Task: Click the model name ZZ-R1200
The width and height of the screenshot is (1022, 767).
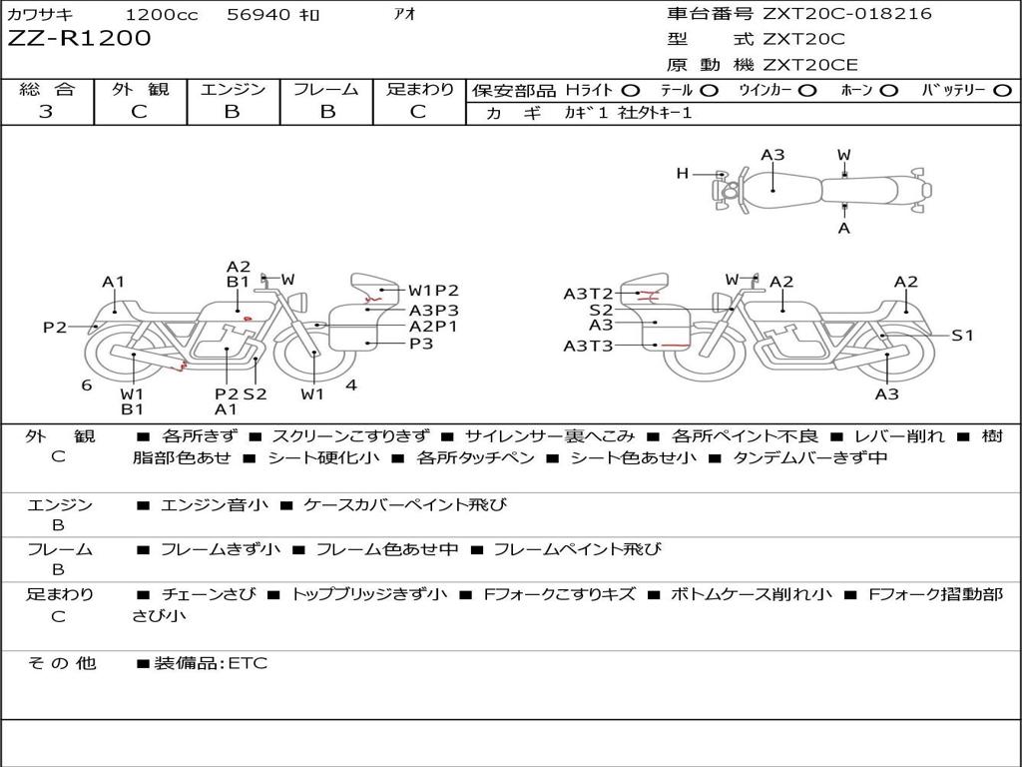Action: (79, 39)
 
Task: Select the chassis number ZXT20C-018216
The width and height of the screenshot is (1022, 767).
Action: (846, 13)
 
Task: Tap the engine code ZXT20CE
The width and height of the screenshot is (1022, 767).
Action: (810, 65)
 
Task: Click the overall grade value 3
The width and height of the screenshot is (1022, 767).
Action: (46, 112)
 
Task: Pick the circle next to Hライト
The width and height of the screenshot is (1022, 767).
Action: (631, 91)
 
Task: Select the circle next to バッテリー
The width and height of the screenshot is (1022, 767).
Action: (1002, 91)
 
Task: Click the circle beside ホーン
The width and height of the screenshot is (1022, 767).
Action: (888, 91)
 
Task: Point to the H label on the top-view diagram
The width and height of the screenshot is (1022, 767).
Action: (683, 174)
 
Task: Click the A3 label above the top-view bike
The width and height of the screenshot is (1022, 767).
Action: (772, 155)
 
